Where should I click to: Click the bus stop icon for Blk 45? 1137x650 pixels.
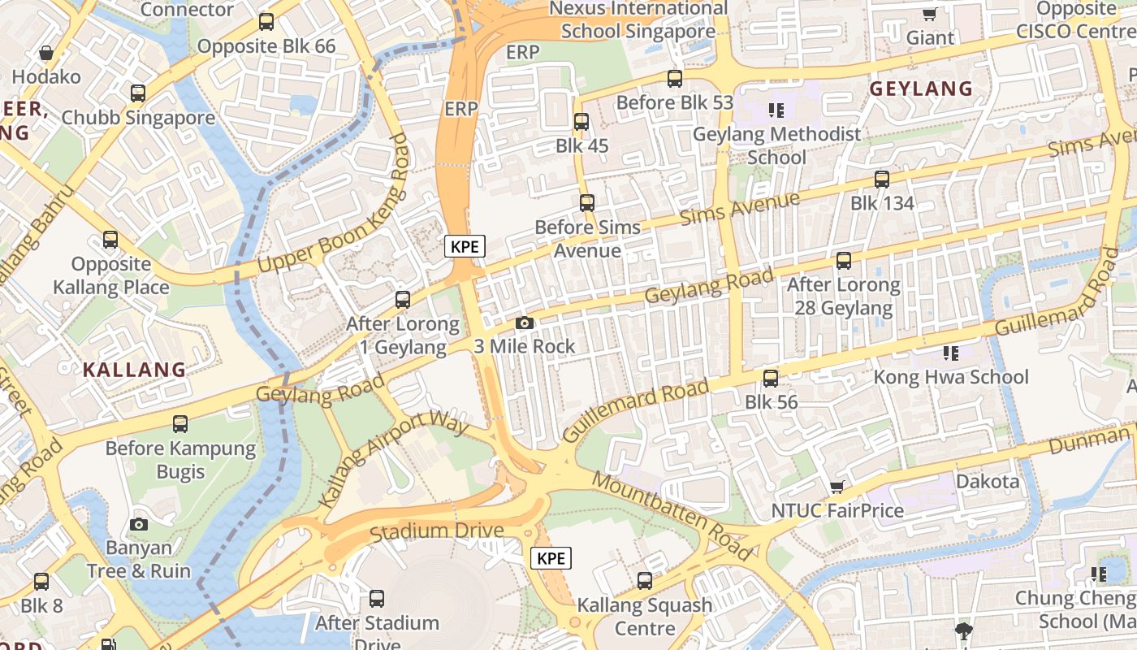[581, 122]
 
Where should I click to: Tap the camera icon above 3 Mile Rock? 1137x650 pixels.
[525, 323]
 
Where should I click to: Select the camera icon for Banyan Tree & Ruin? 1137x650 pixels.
[139, 524]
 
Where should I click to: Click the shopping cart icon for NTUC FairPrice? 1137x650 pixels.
[837, 487]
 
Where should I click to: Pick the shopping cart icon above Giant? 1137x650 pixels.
[930, 14]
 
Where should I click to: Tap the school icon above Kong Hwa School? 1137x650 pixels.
[950, 353]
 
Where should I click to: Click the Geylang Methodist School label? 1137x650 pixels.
[776, 145]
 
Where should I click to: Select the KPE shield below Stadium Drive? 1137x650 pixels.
[551, 558]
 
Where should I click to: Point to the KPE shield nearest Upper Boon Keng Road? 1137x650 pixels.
[465, 246]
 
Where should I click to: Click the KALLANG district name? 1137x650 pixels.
[135, 370]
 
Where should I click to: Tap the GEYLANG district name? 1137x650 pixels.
[921, 89]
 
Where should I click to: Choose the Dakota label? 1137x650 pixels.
[987, 482]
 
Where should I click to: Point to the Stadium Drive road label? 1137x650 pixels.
[436, 531]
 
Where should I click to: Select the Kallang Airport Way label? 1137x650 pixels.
[395, 459]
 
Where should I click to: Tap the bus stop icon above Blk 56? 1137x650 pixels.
[771, 378]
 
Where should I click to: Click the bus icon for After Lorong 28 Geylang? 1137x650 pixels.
[844, 261]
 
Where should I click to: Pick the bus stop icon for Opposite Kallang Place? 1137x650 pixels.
[110, 240]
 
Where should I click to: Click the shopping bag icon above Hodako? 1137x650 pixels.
[46, 53]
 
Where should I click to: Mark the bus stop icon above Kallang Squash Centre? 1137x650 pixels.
[645, 581]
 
